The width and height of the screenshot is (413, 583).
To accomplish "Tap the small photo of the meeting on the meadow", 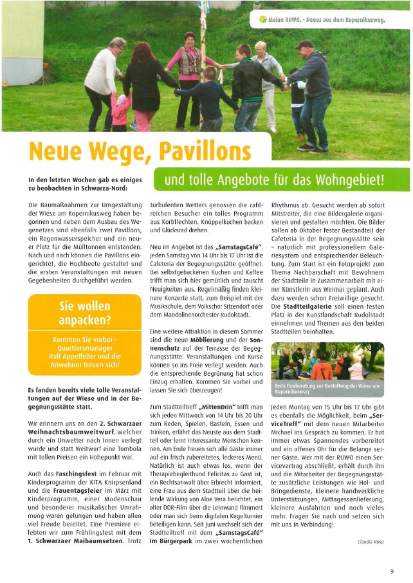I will pyautogui.click(x=327, y=364).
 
